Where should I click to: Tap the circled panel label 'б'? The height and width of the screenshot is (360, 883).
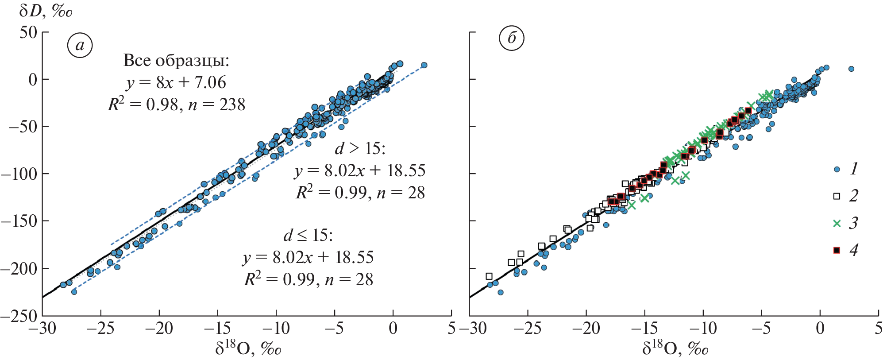(x=512, y=39)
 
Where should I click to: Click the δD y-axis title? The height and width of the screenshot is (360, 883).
(x=46, y=11)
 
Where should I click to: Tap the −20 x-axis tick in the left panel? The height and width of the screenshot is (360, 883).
(x=159, y=329)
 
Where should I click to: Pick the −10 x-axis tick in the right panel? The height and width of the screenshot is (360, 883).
(x=702, y=329)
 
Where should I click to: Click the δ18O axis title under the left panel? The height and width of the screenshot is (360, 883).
(x=248, y=348)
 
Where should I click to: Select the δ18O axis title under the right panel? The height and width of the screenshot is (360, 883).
(x=675, y=348)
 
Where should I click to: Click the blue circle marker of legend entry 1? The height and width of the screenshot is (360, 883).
(x=837, y=169)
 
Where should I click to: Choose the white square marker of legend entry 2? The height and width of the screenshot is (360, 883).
(x=837, y=196)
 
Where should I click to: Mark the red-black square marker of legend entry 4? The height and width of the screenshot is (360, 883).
(x=837, y=251)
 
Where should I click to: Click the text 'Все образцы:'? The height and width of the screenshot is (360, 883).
(x=176, y=61)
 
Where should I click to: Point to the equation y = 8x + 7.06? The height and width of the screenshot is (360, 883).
(x=176, y=82)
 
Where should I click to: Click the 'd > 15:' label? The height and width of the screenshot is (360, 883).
(x=360, y=149)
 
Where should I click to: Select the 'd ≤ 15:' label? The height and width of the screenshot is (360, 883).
(x=308, y=235)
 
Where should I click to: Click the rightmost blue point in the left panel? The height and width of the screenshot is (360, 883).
(x=424, y=65)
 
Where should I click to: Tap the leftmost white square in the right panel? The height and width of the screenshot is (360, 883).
(x=489, y=276)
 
